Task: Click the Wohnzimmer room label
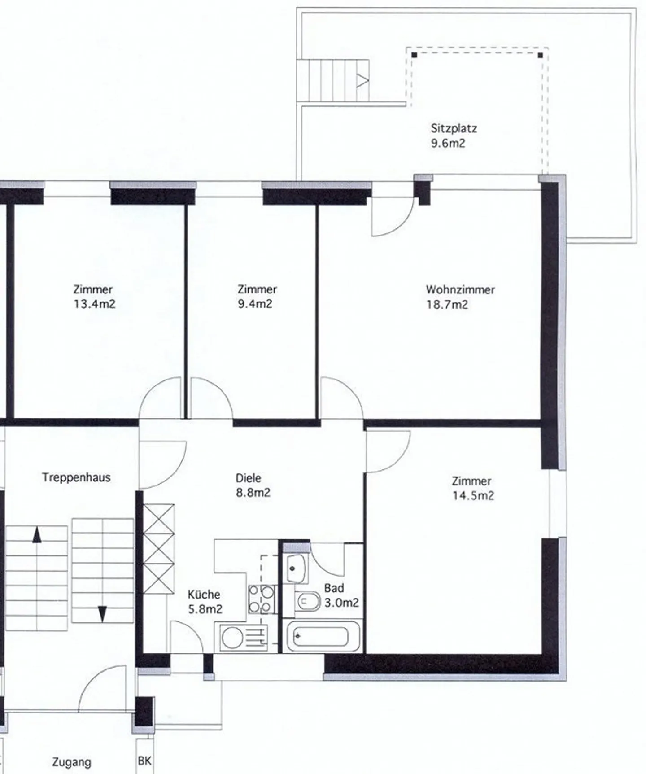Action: (460, 289)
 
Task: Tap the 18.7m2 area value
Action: (447, 305)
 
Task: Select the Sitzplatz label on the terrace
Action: (454, 128)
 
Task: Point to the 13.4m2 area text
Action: (95, 304)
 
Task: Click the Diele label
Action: (248, 478)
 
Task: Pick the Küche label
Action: (204, 595)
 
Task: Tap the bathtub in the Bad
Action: (323, 636)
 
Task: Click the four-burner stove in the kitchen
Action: (261, 599)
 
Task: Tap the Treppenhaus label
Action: (76, 477)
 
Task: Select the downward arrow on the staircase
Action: (102, 614)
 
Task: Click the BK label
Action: (144, 761)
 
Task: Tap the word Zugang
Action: (72, 762)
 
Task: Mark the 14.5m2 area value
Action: (473, 496)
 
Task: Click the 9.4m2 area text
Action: (255, 304)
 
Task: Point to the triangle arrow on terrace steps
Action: (362, 81)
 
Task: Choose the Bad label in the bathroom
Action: (334, 588)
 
